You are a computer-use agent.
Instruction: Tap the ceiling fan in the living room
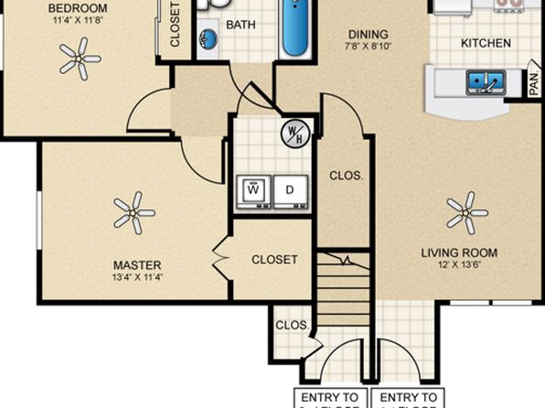tap(466, 211)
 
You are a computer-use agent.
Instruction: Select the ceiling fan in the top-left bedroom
tap(80, 59)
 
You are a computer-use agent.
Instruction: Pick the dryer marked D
tap(289, 190)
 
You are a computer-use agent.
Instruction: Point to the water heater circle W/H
tap(294, 134)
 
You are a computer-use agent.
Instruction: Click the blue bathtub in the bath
tap(295, 29)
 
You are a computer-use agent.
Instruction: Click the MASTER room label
tap(133, 265)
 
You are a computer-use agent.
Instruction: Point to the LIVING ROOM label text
tap(458, 252)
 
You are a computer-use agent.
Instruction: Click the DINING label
tap(362, 35)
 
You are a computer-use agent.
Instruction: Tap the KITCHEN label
tap(485, 43)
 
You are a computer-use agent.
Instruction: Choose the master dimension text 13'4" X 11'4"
tap(133, 277)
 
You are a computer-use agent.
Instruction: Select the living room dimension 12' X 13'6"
tap(458, 265)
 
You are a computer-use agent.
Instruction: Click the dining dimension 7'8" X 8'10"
tap(362, 47)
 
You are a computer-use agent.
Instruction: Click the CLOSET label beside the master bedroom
tap(274, 259)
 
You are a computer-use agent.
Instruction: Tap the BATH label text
tap(241, 25)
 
